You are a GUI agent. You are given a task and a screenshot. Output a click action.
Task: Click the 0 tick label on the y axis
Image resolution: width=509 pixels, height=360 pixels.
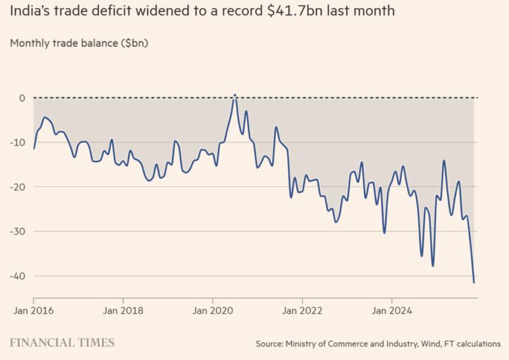22,98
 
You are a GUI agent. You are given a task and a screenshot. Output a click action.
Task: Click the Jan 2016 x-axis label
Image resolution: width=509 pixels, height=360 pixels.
33,311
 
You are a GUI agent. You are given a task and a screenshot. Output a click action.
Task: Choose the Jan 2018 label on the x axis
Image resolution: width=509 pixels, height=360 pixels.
123,311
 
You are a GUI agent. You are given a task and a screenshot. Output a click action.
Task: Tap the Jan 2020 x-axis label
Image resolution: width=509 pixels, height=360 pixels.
212,311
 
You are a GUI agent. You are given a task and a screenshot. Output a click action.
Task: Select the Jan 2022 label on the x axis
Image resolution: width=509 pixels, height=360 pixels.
302,311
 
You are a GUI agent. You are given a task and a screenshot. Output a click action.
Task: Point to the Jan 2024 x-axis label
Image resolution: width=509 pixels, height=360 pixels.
391,311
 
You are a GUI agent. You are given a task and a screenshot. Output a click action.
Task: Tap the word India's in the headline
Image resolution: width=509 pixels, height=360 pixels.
29,11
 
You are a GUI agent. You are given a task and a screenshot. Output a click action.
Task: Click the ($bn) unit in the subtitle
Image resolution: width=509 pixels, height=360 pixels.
133,43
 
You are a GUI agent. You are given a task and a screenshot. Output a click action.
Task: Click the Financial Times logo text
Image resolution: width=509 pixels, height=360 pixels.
62,343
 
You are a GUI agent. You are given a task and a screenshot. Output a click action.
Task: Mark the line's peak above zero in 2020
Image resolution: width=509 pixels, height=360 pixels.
235,95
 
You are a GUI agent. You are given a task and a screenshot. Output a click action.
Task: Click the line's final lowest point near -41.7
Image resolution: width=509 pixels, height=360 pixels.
474,282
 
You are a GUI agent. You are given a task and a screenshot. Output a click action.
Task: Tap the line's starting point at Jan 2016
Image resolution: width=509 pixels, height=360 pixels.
34,148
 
